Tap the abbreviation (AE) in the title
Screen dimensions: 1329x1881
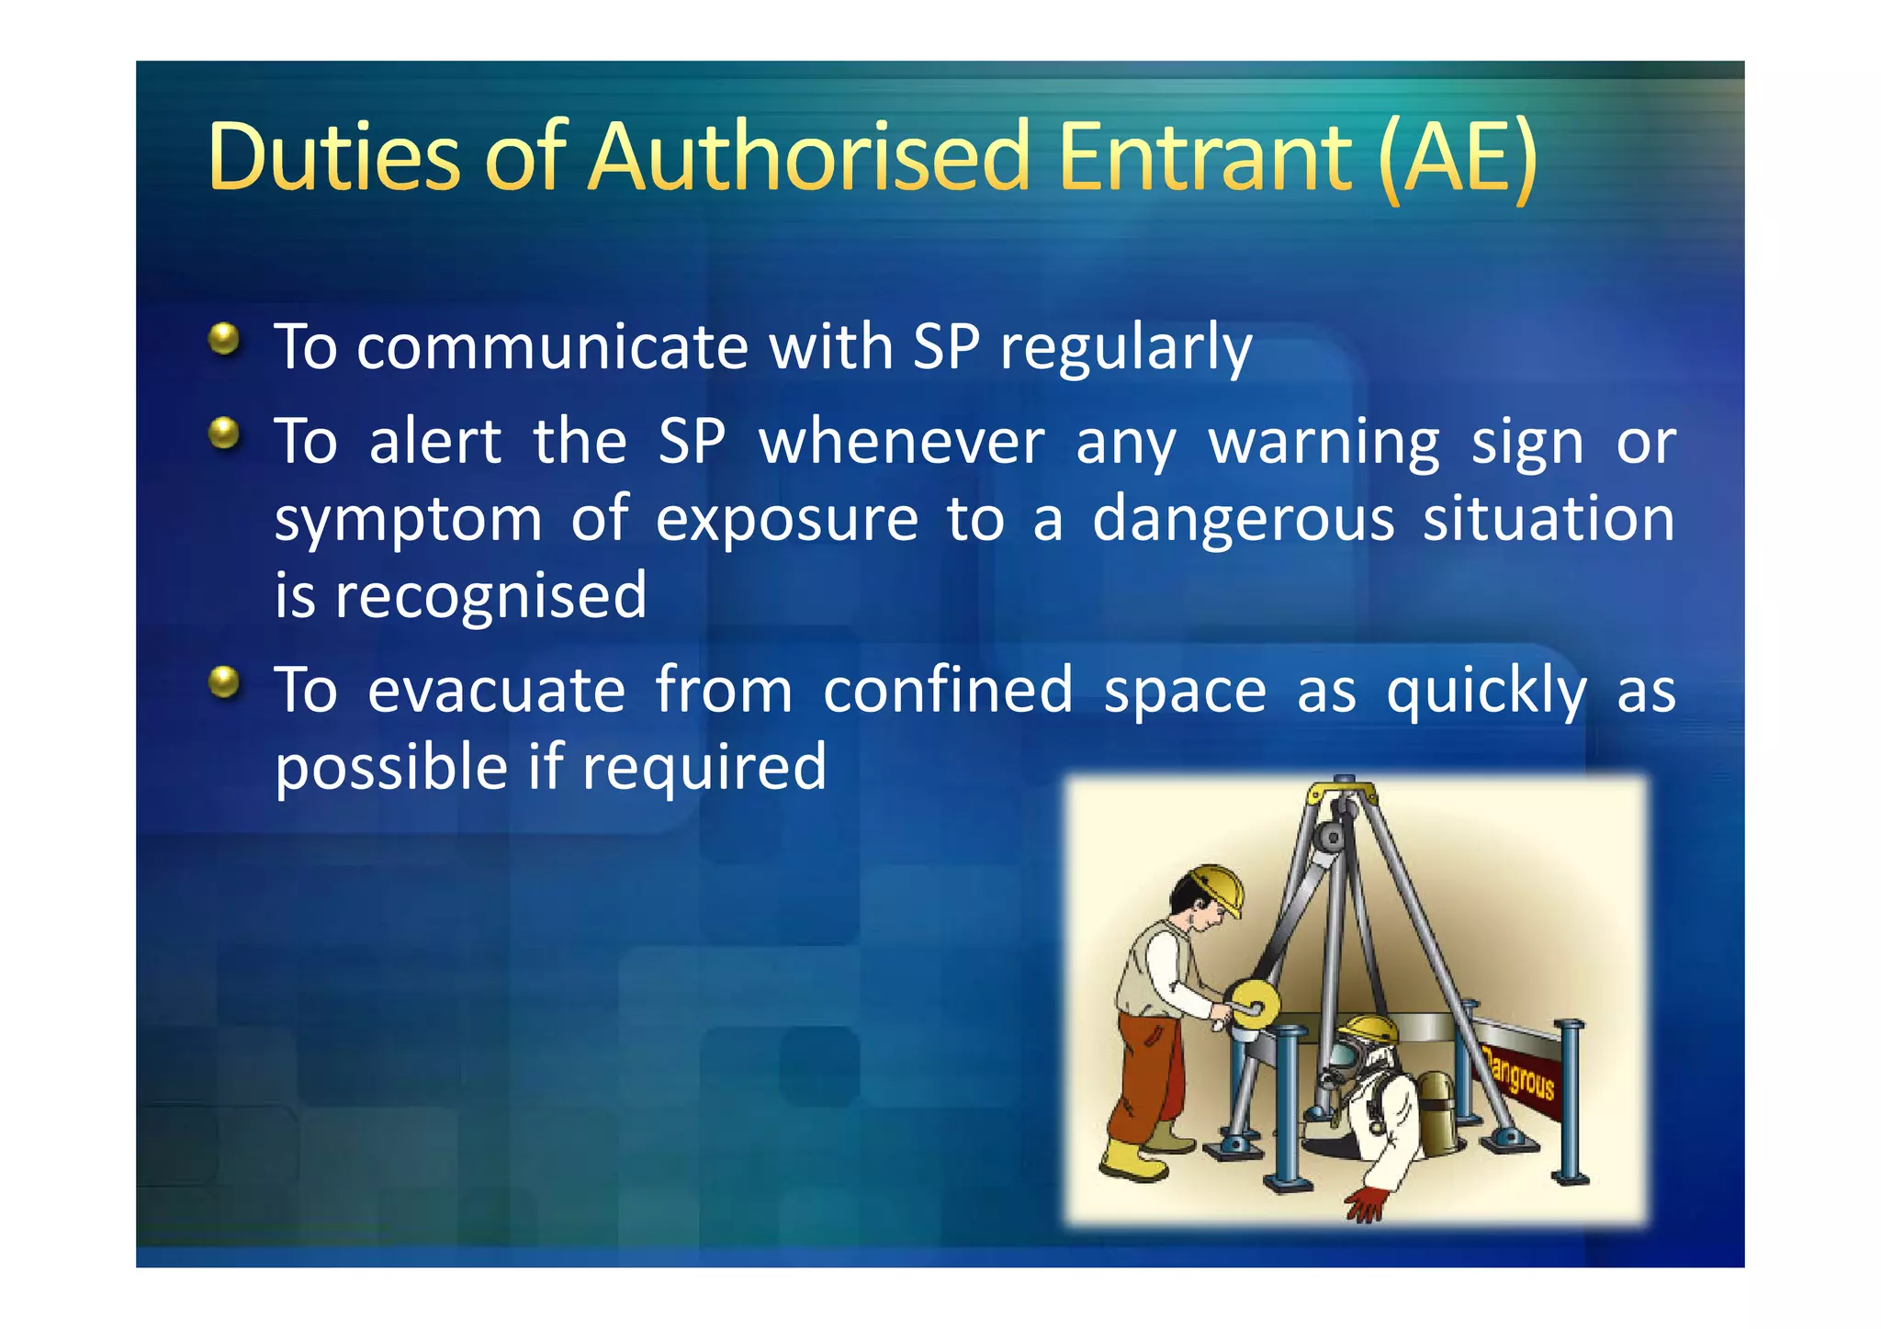pyautogui.click(x=1457, y=158)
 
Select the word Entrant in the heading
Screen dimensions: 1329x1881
pyautogui.click(x=1205, y=158)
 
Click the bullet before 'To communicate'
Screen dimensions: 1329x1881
pyautogui.click(x=223, y=340)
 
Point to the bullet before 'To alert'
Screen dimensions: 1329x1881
pyautogui.click(x=223, y=433)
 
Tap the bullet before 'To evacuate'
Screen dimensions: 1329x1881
pyautogui.click(x=223, y=682)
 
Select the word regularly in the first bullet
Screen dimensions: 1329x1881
pyautogui.click(x=1126, y=349)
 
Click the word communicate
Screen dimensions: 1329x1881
pyautogui.click(x=552, y=349)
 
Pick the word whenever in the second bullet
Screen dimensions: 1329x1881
pyautogui.click(x=901, y=443)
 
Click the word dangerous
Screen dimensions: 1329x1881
pyautogui.click(x=1243, y=520)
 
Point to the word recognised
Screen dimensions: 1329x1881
pyautogui.click(x=490, y=597)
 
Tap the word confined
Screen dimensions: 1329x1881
pyautogui.click(x=947, y=691)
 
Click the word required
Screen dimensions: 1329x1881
pyautogui.click(x=704, y=769)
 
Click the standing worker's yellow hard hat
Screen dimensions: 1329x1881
pyautogui.click(x=1217, y=885)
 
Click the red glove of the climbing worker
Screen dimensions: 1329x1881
pyautogui.click(x=1366, y=1203)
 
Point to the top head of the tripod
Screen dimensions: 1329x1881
pyautogui.click(x=1343, y=790)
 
